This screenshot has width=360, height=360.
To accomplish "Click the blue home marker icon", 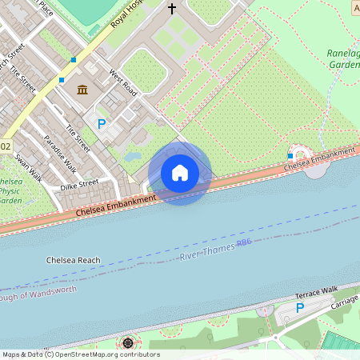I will (x=180, y=173).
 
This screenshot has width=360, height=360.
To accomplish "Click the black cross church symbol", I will (x=171, y=9).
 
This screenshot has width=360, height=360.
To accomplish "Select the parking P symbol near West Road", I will (x=102, y=124).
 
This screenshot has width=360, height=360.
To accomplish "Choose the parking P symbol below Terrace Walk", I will (x=300, y=308).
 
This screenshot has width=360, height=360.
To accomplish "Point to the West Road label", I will (x=123, y=84).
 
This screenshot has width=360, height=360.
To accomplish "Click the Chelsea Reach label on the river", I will (x=73, y=261).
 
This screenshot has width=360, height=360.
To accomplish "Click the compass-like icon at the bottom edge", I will (x=127, y=343).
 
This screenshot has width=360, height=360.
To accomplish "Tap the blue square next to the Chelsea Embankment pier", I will (x=290, y=155).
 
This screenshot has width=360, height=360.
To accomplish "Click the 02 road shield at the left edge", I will (x=6, y=146).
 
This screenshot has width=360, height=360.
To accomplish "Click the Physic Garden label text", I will (x=10, y=191).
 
